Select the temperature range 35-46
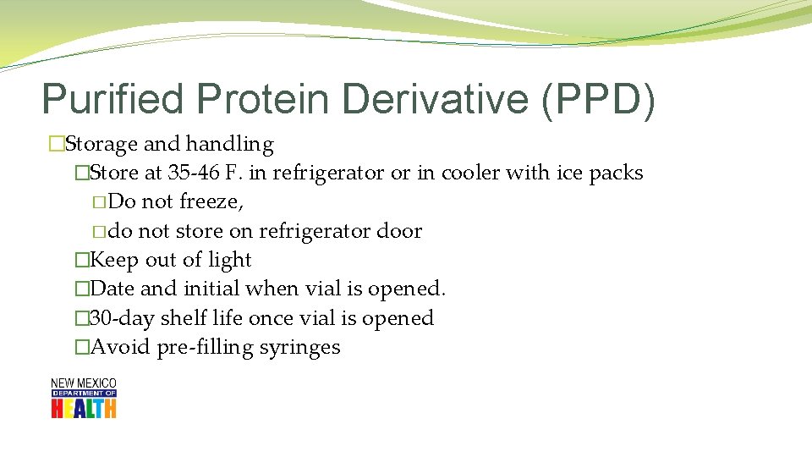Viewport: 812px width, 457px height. [195, 173]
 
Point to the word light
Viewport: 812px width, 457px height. [230, 260]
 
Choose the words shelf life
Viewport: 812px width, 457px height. [200, 318]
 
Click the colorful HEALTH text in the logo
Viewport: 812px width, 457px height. [83, 408]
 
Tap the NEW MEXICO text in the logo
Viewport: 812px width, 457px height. [83, 383]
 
